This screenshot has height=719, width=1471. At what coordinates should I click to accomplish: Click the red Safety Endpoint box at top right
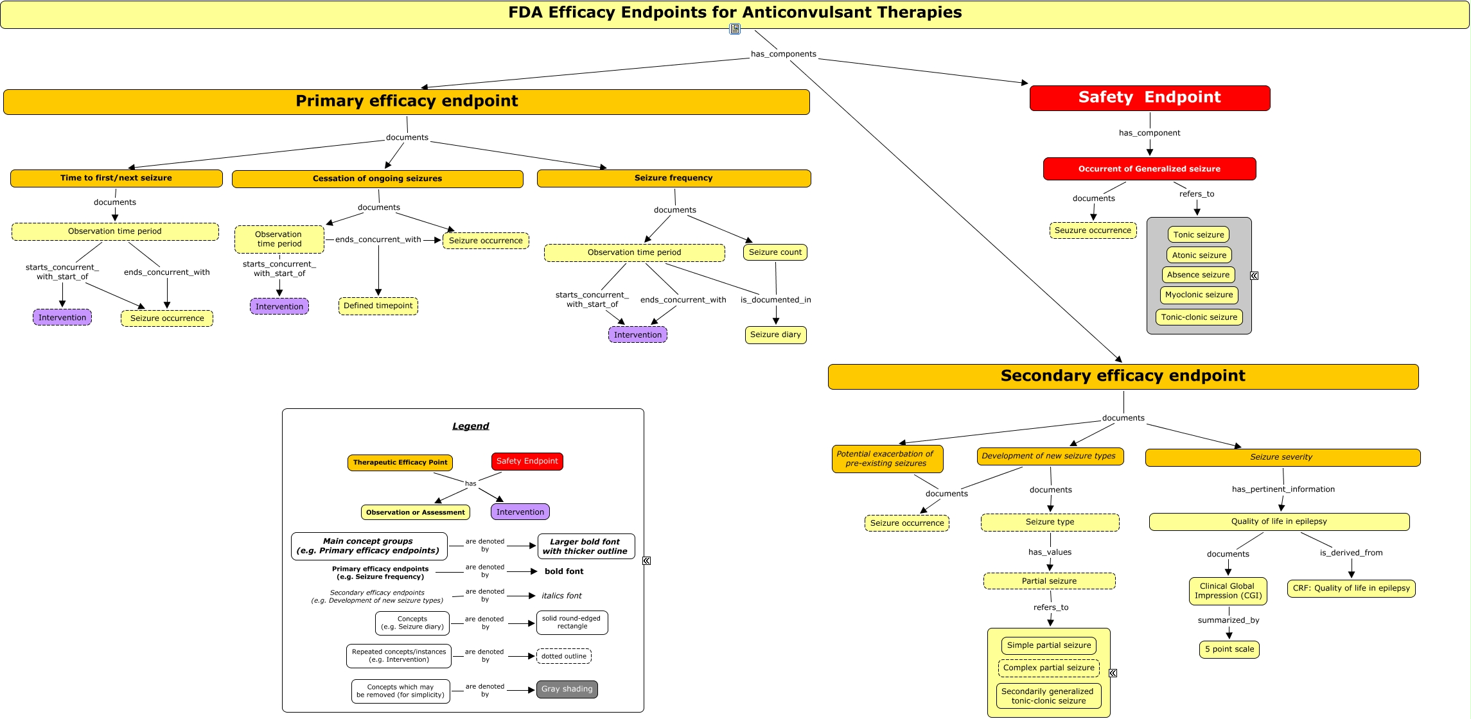point(1149,98)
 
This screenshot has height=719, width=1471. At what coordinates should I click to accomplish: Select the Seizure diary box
point(775,334)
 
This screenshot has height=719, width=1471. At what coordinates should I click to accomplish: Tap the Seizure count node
point(775,252)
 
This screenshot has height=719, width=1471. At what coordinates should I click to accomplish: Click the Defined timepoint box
point(378,306)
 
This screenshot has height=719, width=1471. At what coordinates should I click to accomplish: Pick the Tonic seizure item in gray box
point(1198,234)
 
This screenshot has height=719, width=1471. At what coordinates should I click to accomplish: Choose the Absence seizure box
point(1198,275)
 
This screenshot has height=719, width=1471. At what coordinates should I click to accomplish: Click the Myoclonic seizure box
point(1199,295)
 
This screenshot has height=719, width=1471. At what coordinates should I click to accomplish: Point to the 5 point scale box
point(1229,649)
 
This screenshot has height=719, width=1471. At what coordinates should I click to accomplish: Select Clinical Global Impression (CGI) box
point(1228,591)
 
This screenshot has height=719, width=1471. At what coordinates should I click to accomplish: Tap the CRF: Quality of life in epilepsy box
point(1351,588)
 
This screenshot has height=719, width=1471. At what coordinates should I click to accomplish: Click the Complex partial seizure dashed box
point(1048,668)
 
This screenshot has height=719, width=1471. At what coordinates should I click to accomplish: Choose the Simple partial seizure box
point(1048,645)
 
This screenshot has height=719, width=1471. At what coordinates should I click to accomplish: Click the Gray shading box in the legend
point(567,689)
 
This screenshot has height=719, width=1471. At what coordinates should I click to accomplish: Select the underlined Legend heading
point(470,426)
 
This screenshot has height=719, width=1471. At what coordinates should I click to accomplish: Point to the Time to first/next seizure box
point(116,178)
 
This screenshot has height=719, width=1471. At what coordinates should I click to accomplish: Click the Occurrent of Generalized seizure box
point(1149,169)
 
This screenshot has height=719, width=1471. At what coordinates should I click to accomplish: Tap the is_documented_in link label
point(775,300)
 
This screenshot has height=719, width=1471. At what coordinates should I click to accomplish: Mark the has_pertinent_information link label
point(1283,489)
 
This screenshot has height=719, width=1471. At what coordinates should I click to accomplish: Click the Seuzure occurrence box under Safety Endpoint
point(1093,230)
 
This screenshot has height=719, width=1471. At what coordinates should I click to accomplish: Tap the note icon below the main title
point(735,29)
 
